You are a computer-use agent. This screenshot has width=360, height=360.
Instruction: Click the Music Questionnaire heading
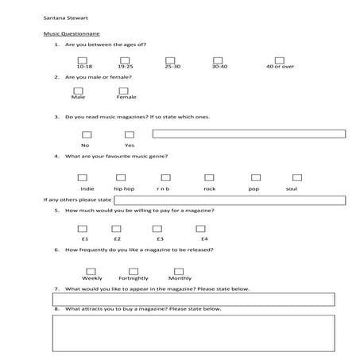point(71,34)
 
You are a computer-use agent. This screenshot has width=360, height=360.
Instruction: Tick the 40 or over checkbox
point(279,60)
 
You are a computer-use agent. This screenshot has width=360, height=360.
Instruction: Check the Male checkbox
point(79,91)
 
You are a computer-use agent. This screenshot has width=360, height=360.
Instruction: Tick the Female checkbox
point(124,91)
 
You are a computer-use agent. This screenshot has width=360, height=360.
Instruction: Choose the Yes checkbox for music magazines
point(129,134)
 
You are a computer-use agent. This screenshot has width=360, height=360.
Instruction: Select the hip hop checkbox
point(123,177)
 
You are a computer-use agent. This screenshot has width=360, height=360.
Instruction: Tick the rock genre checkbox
point(208,177)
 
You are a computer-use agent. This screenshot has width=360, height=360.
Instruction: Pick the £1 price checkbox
point(83,228)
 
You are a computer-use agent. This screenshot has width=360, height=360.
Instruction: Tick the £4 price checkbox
point(201,228)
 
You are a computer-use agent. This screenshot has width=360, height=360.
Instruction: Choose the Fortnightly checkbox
point(133,269)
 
